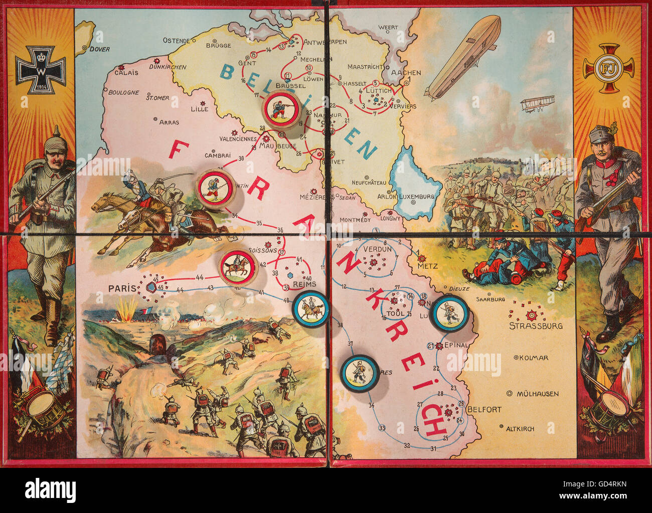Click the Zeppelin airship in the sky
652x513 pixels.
[463, 56]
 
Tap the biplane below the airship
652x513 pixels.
[537, 104]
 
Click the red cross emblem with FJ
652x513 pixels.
[608, 68]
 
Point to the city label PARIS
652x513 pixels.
[122, 288]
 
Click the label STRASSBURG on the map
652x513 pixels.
[536, 325]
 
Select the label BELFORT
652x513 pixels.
[484, 409]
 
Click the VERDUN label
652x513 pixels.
[377, 249]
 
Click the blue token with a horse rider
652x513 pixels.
[311, 309]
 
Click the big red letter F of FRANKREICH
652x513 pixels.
[181, 150]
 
